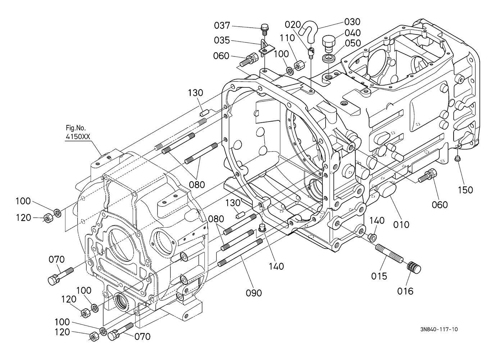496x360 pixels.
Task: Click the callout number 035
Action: tap(222, 40)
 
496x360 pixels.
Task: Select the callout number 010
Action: tap(401, 225)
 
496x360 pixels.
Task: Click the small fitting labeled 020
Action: tap(311, 52)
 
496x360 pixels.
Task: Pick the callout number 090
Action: tap(254, 293)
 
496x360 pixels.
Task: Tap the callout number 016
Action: tap(405, 291)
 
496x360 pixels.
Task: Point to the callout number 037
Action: tap(222, 26)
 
